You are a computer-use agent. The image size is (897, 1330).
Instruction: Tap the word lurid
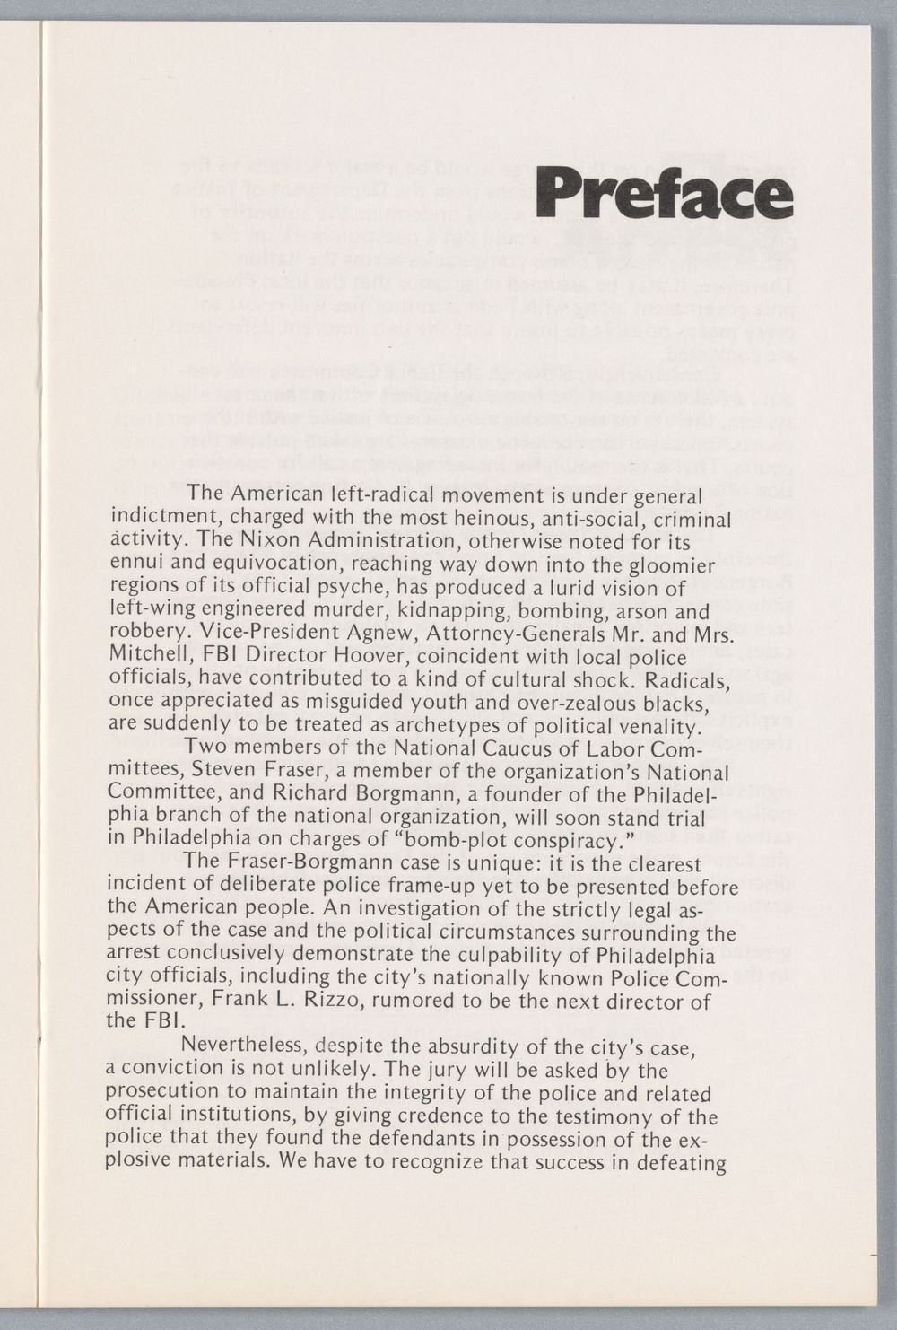567,589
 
